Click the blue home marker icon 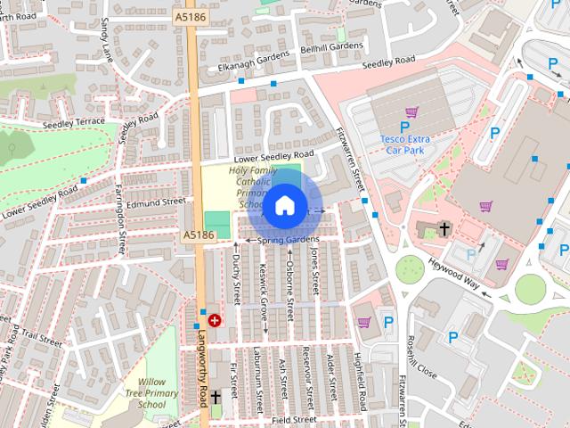tap(284, 206)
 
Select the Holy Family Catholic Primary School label tap(253, 186)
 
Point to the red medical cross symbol tap(214, 320)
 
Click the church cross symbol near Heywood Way tap(444, 230)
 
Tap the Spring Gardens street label tap(288, 241)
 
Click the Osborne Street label tap(290, 279)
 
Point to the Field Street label tap(294, 418)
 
